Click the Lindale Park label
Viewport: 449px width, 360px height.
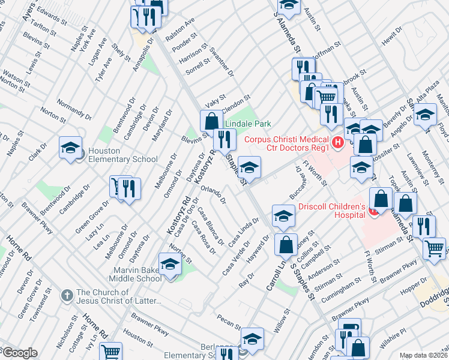248,124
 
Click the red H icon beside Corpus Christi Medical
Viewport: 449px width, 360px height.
338,142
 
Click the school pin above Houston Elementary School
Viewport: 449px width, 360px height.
70,148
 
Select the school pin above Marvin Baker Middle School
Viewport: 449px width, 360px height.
170,264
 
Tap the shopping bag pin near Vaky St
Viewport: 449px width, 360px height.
211,121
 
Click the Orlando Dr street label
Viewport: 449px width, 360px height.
213,196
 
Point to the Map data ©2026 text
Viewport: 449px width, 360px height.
424,355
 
